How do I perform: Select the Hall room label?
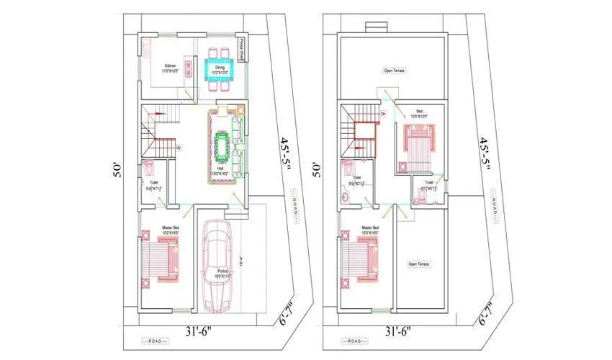coord(220,171)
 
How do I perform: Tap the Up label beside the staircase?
coord(178,148)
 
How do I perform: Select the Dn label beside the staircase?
coord(383,114)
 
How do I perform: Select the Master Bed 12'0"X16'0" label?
coord(370,233)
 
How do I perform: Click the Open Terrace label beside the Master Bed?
coord(419,264)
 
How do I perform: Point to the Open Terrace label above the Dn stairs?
coord(395,71)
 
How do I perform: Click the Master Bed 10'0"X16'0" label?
coord(170,233)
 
